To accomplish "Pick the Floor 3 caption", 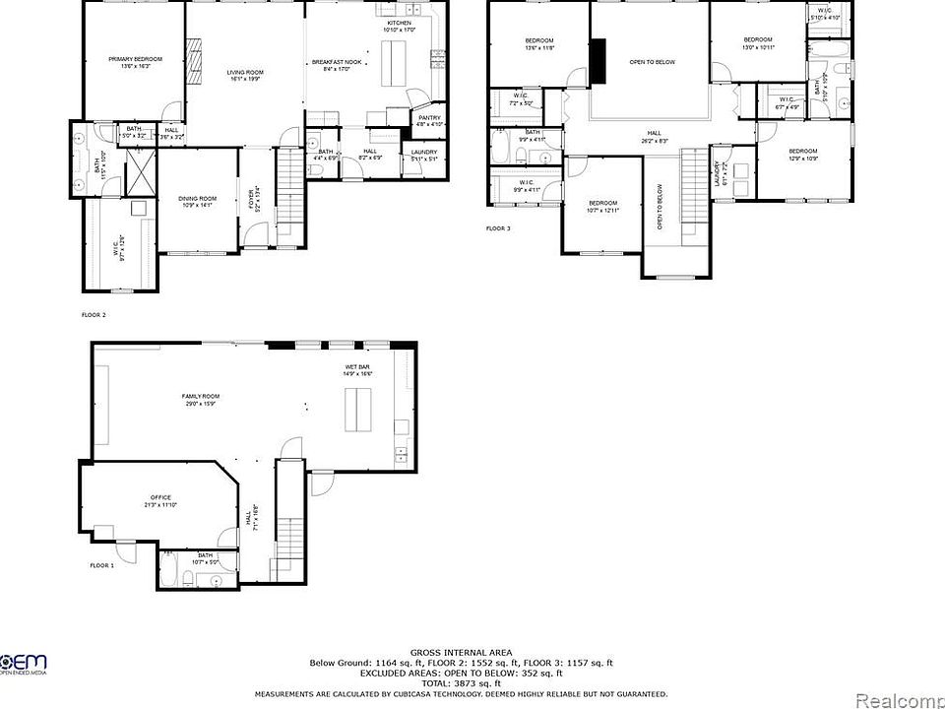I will coord(499,227).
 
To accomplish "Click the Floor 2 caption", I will coord(94,315).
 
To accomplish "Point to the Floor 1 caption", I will coord(101,565).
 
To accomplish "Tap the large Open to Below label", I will coord(653,62).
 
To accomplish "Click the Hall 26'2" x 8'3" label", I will coord(654,136).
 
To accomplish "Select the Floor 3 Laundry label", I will coord(721,173).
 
